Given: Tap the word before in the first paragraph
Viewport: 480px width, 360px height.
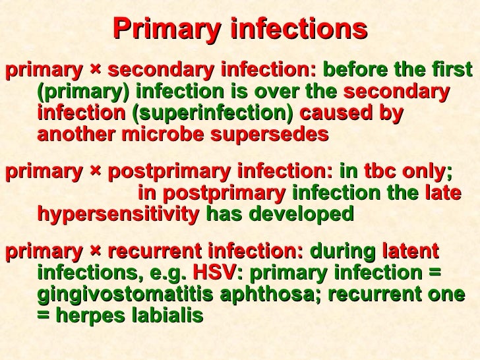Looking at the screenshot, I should pyautogui.click(x=351, y=70).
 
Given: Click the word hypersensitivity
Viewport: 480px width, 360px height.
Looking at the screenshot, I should pyautogui.click(x=119, y=214).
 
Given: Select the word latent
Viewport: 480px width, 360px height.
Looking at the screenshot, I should pyautogui.click(x=409, y=253).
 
